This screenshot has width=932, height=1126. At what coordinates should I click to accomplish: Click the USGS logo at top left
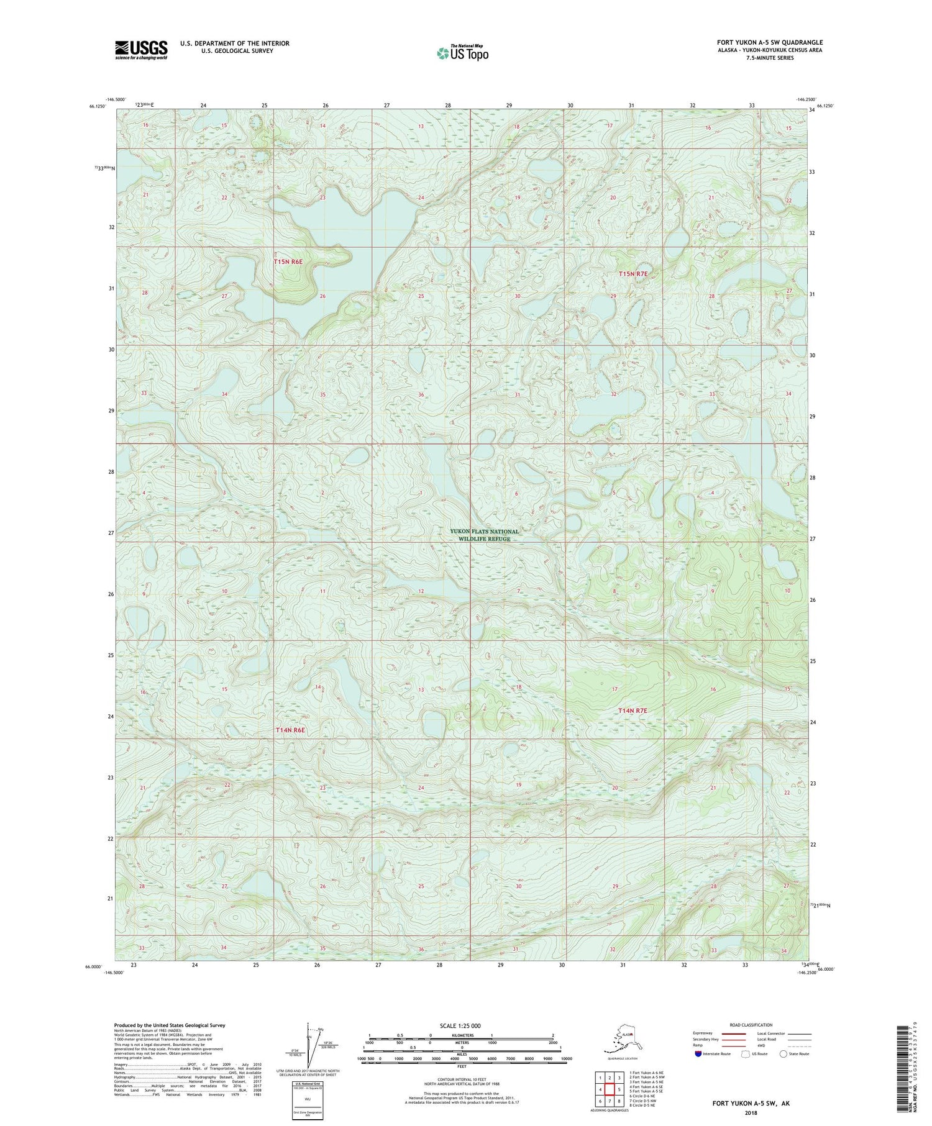point(141,50)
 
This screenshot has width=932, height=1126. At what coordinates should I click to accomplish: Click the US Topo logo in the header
point(462,53)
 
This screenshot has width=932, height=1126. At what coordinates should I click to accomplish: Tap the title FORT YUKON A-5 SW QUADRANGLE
point(770,42)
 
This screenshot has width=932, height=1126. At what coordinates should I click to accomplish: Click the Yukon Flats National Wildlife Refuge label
point(484,535)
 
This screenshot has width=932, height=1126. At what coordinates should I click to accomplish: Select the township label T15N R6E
point(289,262)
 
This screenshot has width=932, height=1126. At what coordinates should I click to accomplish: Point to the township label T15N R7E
point(633,274)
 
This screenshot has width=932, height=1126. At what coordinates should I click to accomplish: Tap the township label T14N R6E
point(290,730)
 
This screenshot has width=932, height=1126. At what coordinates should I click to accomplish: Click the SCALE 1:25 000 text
point(460,1025)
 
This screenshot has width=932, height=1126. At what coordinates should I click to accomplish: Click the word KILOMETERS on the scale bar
point(460,1035)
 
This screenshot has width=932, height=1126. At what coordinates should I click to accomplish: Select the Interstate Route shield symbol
point(698,1054)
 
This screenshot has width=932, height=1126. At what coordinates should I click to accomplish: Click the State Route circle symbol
point(784,1054)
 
